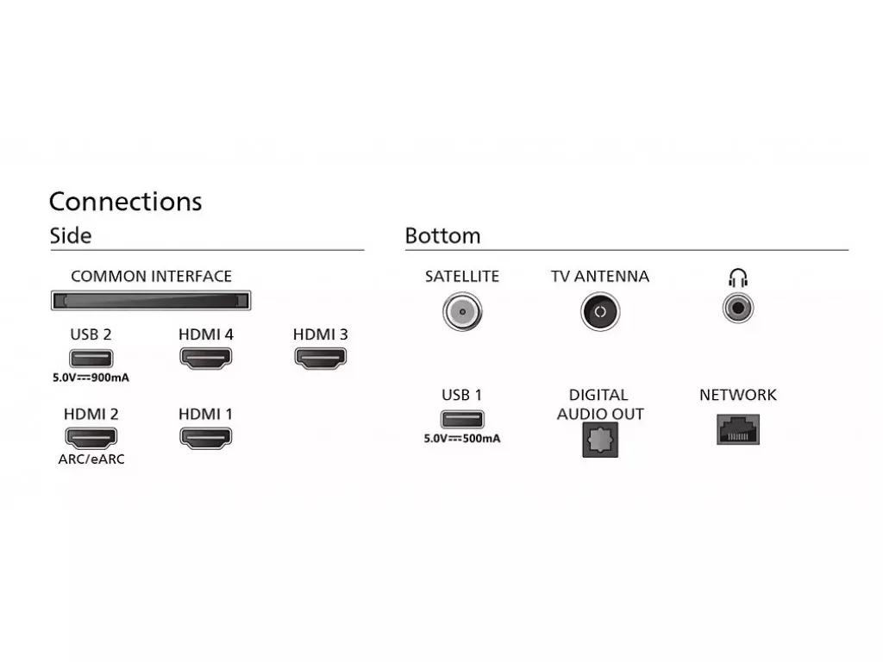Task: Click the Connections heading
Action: (x=126, y=202)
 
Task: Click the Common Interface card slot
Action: (x=151, y=301)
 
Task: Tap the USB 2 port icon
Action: (x=91, y=358)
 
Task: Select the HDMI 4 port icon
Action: (x=205, y=358)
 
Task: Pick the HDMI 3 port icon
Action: (x=321, y=358)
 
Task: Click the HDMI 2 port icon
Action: (x=91, y=438)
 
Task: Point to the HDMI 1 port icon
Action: (x=205, y=438)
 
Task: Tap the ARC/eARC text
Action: (x=91, y=459)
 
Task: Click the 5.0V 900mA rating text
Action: (x=91, y=378)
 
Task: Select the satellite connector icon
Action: (x=462, y=311)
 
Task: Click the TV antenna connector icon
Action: (x=600, y=311)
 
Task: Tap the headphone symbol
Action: (x=738, y=278)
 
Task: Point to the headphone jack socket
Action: (x=738, y=309)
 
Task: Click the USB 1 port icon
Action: (x=462, y=420)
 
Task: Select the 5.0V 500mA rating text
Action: (x=462, y=439)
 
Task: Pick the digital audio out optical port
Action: (x=600, y=440)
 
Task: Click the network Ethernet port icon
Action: (x=738, y=429)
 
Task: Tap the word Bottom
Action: (x=442, y=236)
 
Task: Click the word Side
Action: (x=71, y=236)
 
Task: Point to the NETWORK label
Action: (x=738, y=395)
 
